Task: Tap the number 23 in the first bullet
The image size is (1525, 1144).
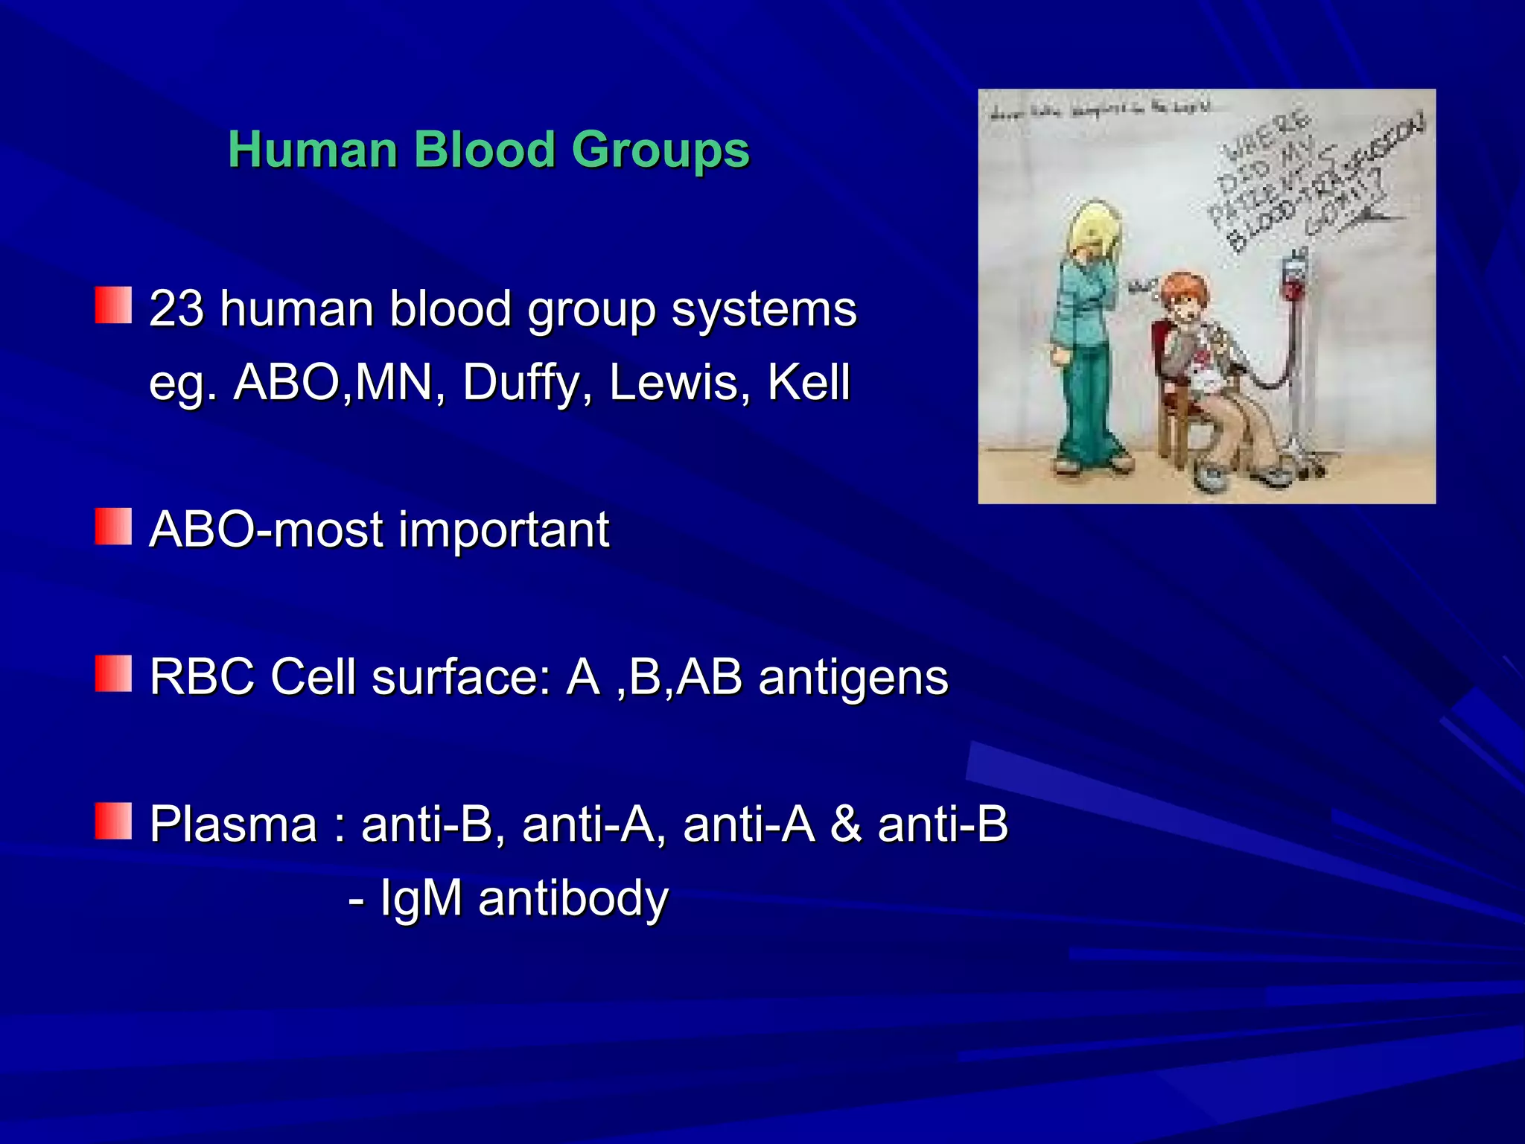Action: (176, 308)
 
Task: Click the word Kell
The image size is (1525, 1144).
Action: (809, 383)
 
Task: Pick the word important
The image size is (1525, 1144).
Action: (504, 530)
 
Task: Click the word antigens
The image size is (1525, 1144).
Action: (853, 677)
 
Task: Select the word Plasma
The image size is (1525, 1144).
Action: (234, 824)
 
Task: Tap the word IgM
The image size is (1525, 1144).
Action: (421, 897)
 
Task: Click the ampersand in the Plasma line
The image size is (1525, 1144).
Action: (846, 824)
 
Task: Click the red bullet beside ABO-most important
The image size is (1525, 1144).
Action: (113, 527)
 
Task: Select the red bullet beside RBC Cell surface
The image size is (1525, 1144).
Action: (113, 673)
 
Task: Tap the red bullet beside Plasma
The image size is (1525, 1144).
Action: (113, 821)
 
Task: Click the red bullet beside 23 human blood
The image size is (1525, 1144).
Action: (113, 305)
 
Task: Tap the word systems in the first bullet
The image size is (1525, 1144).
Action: (764, 308)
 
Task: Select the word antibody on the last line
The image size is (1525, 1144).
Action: (573, 897)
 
